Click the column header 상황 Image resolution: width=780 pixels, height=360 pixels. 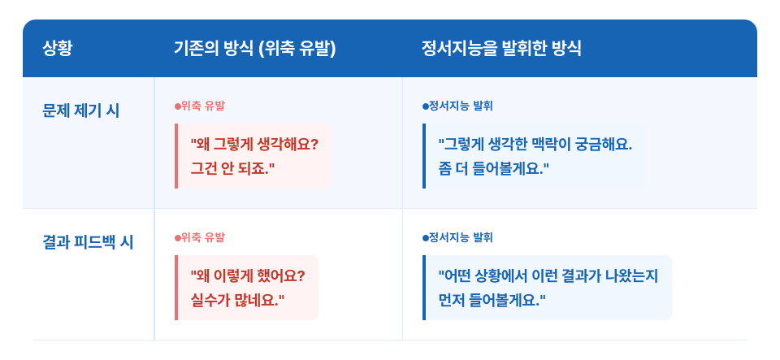coord(58,49)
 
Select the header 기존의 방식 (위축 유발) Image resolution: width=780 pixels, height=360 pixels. coord(255,49)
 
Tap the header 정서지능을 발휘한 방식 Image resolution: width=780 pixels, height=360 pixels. coord(501,49)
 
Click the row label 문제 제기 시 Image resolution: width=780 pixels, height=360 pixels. coord(81,111)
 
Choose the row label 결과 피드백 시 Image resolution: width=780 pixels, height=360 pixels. coord(88,242)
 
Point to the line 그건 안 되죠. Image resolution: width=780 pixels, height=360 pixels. coord(233,168)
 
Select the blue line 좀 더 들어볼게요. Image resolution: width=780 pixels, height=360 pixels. coord(493,168)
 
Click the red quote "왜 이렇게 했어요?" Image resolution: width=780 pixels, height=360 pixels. coord(247,276)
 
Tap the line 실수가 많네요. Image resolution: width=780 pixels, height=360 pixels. coord(237,300)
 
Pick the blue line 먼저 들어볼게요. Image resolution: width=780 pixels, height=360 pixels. coord(492,300)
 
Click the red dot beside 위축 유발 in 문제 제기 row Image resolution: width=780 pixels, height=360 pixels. coord(178,106)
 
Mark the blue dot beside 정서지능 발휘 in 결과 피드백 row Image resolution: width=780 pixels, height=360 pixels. coord(425,238)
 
